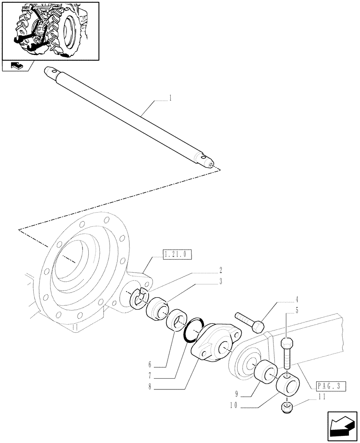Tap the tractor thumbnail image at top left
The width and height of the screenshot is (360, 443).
click(x=50, y=30)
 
